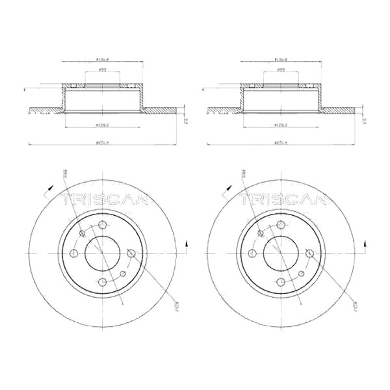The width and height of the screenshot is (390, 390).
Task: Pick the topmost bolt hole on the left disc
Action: (x=103, y=225)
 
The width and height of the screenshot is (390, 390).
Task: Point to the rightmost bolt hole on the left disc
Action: (x=131, y=253)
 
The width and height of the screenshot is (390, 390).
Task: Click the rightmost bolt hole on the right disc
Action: (x=309, y=253)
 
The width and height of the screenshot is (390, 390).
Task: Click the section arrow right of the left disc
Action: (x=187, y=244)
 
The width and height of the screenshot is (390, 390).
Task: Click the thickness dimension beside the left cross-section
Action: (x=187, y=120)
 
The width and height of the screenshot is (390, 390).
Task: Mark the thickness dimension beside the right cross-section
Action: (x=365, y=120)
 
